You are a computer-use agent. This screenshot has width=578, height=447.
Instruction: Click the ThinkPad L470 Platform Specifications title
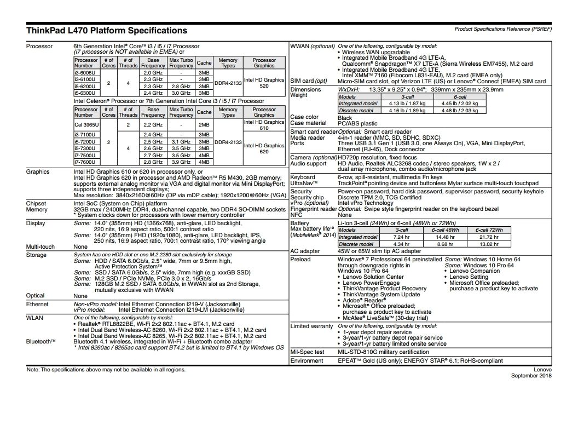(107, 31)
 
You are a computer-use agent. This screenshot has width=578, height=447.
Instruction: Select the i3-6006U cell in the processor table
(86, 72)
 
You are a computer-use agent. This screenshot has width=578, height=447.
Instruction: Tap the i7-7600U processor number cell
(86, 162)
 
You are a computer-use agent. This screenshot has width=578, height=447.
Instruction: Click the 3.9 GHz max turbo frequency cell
(181, 162)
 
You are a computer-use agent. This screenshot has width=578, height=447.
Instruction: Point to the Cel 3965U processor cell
(86, 124)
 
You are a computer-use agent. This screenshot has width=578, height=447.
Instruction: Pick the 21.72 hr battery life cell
(488, 237)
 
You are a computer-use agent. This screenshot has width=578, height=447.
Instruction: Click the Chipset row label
(37, 203)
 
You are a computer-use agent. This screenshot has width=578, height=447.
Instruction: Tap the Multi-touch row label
(40, 247)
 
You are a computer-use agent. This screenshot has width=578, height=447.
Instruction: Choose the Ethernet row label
(37, 304)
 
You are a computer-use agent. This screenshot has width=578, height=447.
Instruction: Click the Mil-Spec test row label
(307, 352)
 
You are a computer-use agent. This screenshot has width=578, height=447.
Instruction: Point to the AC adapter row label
(305, 251)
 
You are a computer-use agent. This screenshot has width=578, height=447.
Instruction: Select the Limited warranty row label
(311, 326)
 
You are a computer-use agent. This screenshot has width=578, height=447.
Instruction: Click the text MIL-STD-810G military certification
(383, 352)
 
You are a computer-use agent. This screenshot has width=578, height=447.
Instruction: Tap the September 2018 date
(531, 376)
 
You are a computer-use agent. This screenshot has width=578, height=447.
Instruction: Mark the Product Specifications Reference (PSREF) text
(503, 29)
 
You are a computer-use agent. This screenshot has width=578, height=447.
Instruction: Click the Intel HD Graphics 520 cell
(264, 83)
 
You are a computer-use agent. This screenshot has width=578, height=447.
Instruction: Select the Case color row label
(304, 117)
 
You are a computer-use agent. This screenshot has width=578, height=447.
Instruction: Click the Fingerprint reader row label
(314, 209)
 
